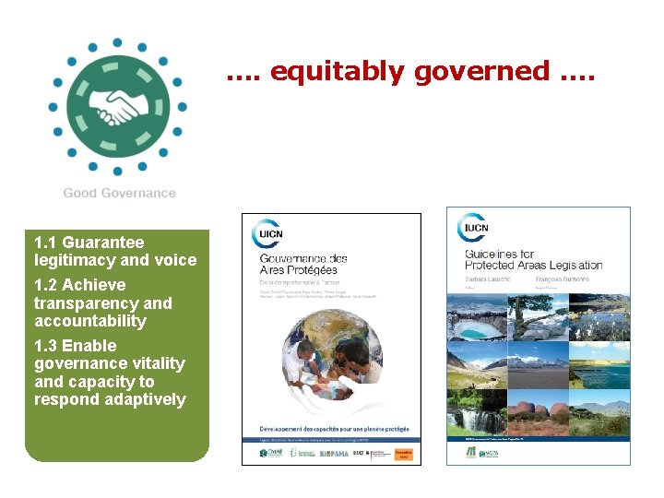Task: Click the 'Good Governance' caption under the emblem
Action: click(119, 193)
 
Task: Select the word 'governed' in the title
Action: click(482, 71)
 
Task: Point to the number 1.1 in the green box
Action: click(45, 243)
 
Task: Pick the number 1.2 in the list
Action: click(45, 285)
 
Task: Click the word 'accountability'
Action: click(90, 321)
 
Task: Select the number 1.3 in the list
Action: click(45, 346)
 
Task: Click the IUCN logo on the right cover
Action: click(474, 229)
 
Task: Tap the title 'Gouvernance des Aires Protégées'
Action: click(303, 266)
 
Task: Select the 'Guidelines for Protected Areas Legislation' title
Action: click(533, 259)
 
